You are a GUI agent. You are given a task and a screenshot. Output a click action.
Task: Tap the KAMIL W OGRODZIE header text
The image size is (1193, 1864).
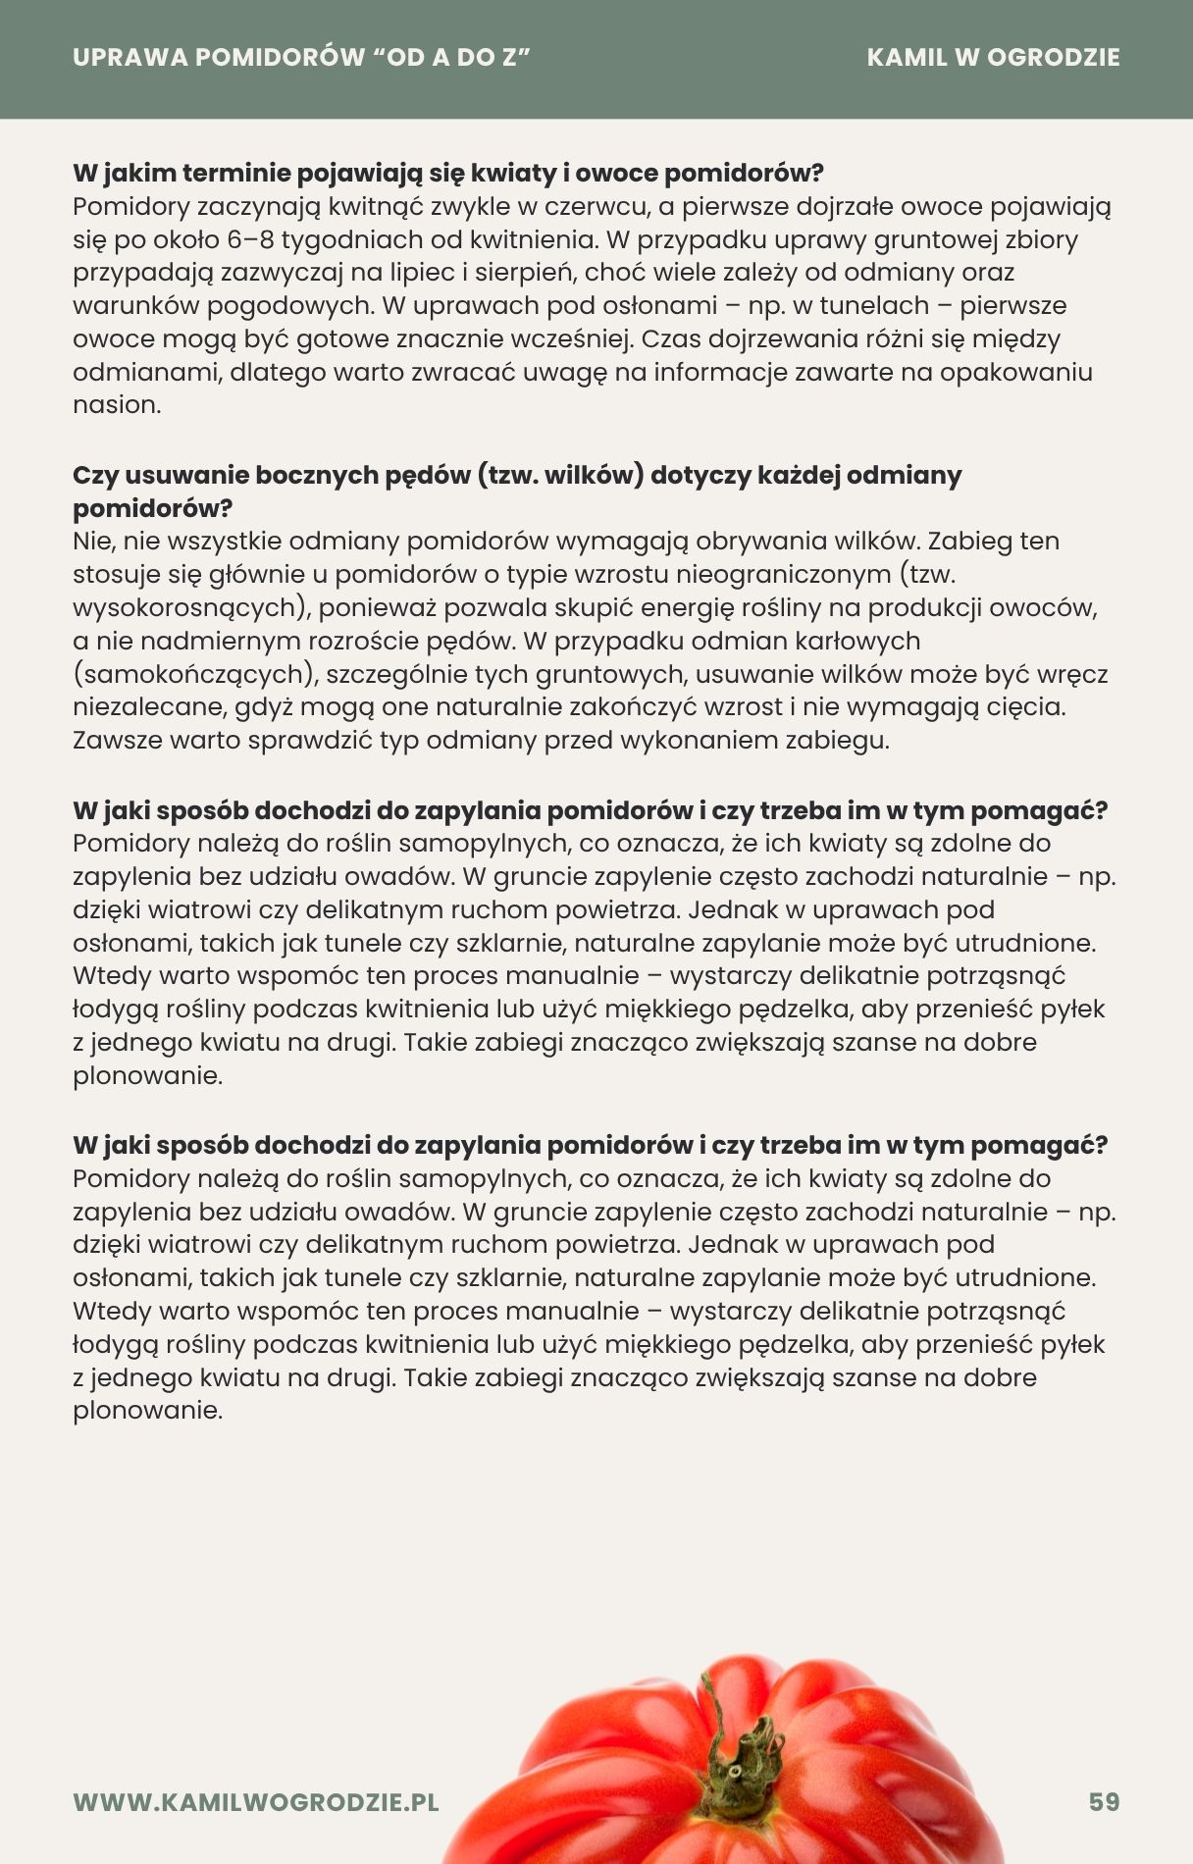pos(993,57)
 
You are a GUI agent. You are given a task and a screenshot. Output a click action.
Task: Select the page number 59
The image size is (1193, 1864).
pos(1104,1802)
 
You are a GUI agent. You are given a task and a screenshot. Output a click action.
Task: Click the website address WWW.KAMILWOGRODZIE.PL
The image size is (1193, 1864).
pos(256,1802)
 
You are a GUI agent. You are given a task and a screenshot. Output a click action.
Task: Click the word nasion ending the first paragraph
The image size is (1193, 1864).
pos(116,405)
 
